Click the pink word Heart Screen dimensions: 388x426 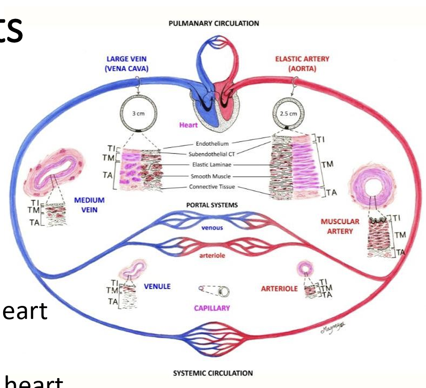[x=188, y=125]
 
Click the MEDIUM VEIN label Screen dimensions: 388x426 [x=89, y=204]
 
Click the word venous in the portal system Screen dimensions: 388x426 [x=212, y=227]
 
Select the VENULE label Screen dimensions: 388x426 [x=157, y=286]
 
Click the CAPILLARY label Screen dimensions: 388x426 [x=212, y=308]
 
